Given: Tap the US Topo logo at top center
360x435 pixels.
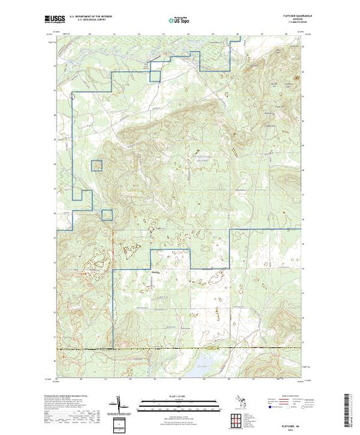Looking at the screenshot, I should click(x=180, y=22).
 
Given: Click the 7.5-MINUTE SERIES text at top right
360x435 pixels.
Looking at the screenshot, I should click(x=287, y=27).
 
